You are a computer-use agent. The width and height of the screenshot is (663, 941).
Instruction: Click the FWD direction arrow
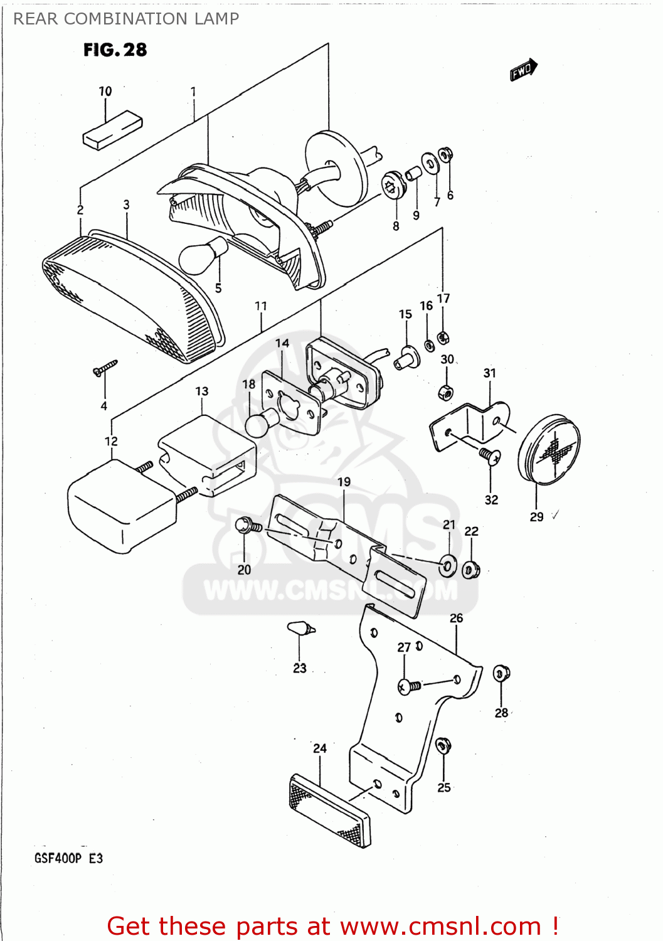pyautogui.click(x=523, y=70)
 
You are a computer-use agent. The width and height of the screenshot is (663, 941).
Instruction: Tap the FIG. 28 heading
pyautogui.click(x=115, y=50)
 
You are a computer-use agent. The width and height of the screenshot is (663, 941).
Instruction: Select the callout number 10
pyautogui.click(x=105, y=92)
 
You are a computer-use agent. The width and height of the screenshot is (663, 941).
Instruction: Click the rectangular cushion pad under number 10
pyautogui.click(x=113, y=130)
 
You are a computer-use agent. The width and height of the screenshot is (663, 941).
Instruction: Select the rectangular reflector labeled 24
pyautogui.click(x=330, y=811)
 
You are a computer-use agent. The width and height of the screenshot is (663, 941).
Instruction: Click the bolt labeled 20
pyautogui.click(x=247, y=526)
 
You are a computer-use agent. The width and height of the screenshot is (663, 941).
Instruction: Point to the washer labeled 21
pyautogui.click(x=448, y=565)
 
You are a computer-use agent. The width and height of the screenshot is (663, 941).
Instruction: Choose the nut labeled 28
pyautogui.click(x=501, y=674)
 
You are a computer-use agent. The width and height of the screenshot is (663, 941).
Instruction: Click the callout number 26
pyautogui.click(x=456, y=619)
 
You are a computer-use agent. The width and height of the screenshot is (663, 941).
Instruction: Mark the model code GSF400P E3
pyautogui.click(x=68, y=858)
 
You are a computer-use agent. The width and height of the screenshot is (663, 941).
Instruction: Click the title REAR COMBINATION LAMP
pyautogui.click(x=126, y=19)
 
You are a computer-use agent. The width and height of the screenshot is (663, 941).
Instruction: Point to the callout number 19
pyautogui.click(x=344, y=482)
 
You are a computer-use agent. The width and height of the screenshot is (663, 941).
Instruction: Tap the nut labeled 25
pyautogui.click(x=443, y=747)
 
